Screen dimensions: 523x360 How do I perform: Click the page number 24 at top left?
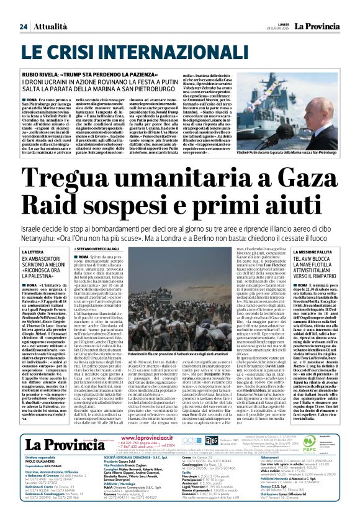pos(23,27)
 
